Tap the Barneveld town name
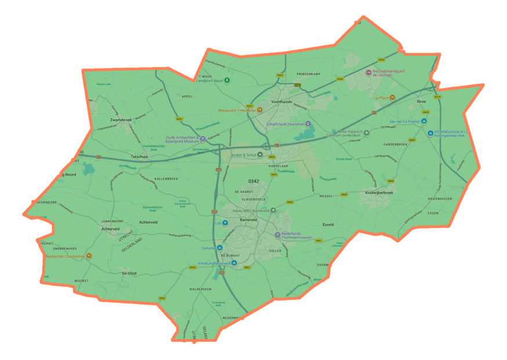[248, 212]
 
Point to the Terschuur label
[140, 156]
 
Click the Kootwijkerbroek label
[379, 192]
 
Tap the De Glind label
[129, 273]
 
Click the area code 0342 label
[253, 182]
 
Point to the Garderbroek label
[396, 144]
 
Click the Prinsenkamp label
[308, 74]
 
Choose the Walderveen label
[200, 289]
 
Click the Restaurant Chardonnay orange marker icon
[89, 255]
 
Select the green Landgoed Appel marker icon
[227, 80]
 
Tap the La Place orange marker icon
[393, 98]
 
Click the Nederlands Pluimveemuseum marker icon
[277, 235]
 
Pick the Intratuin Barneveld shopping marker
[234, 263]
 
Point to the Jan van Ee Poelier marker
[423, 121]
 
